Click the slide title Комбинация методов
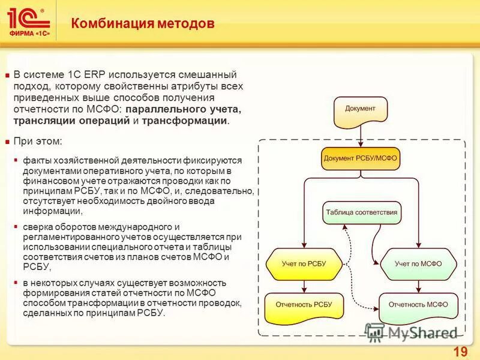pyautogui.click(x=143, y=24)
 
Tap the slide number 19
pyautogui.click(x=460, y=352)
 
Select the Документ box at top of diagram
pyautogui.click(x=360, y=110)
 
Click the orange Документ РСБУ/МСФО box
pyautogui.click(x=360, y=159)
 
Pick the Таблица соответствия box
pyautogui.click(x=361, y=213)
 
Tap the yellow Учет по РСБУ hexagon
pyautogui.click(x=304, y=263)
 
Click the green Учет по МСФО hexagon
pyautogui.click(x=418, y=263)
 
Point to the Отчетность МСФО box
pyautogui.click(x=418, y=305)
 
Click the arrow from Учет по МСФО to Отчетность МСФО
pyautogui.click(x=418, y=286)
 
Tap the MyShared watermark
pyautogui.click(x=414, y=332)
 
